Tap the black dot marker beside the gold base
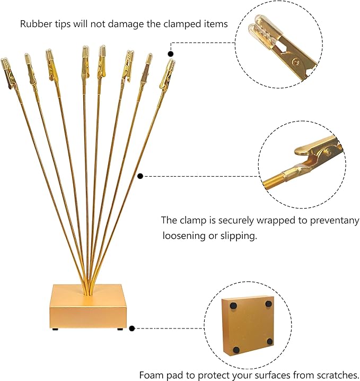pos(132,328)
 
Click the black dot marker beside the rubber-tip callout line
pos(171,54)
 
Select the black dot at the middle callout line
pos(140,176)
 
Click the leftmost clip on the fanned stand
pos(8,72)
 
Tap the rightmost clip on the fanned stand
pos(168,74)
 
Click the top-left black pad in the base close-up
pos(233,306)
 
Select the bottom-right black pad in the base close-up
pos(270,342)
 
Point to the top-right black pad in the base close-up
pos(268,304)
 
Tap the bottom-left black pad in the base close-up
pos(236,350)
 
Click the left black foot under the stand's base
pos(55,329)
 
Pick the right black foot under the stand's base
pos(120,329)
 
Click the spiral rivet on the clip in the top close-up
pos(296,63)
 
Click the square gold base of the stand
pos(89,307)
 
